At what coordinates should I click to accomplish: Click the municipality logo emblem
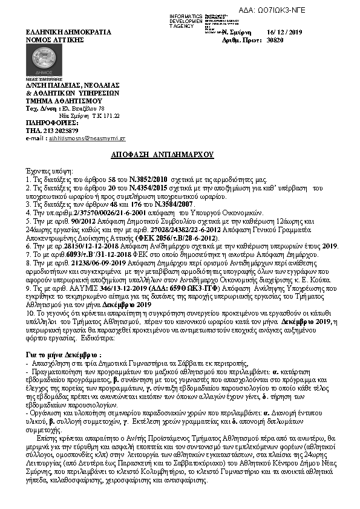pos(43,62)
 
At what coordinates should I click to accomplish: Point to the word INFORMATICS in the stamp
pos(185,15)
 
